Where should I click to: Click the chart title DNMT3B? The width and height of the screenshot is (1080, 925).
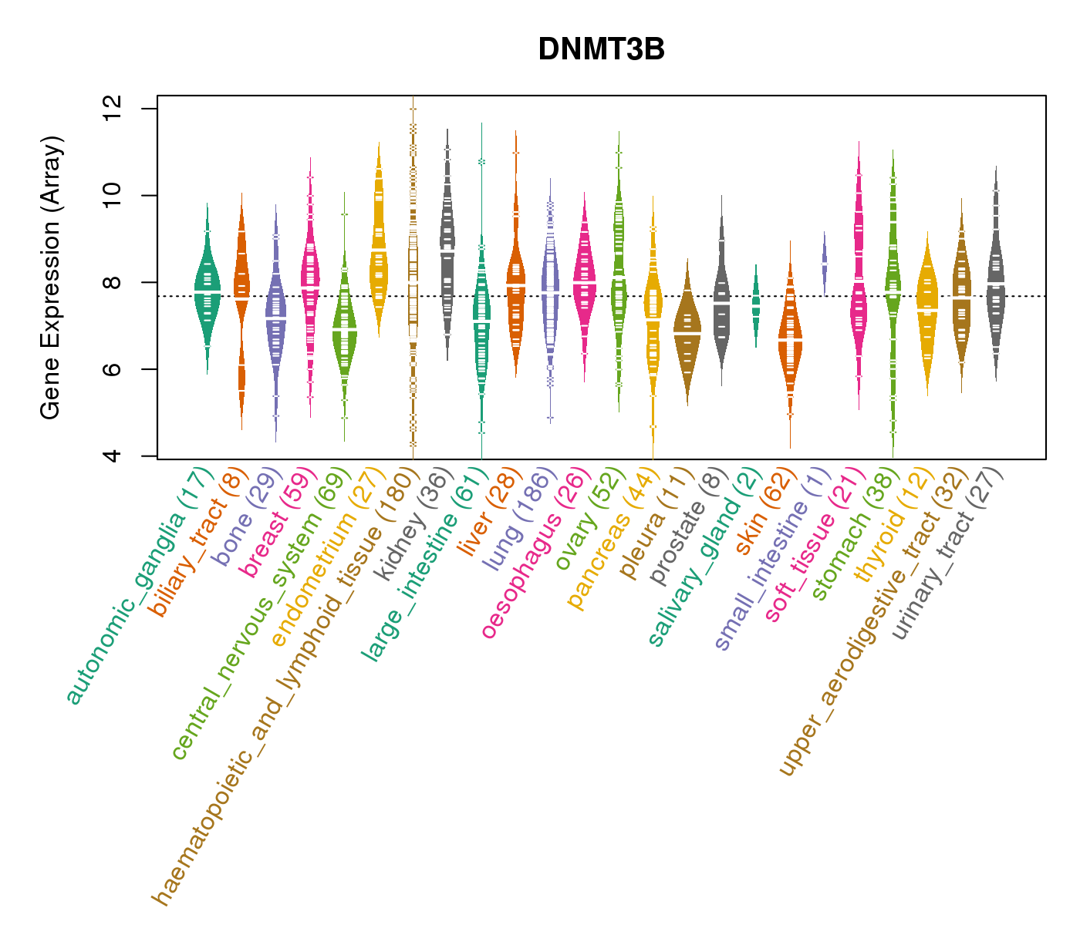coord(601,49)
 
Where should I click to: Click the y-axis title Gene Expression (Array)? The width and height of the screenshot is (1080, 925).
coord(51,278)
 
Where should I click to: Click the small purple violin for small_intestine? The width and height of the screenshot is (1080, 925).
coord(824,262)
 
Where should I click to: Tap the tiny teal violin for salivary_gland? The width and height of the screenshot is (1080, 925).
coord(756,304)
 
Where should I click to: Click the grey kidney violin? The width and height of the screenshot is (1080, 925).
coord(447,247)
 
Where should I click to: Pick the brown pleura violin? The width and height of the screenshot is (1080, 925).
coord(687,331)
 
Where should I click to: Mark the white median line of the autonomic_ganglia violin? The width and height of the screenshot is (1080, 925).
coord(207,291)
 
